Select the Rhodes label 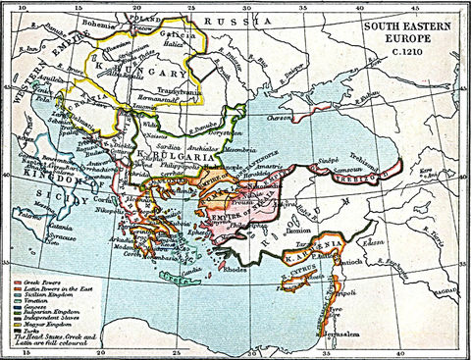[235, 268]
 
